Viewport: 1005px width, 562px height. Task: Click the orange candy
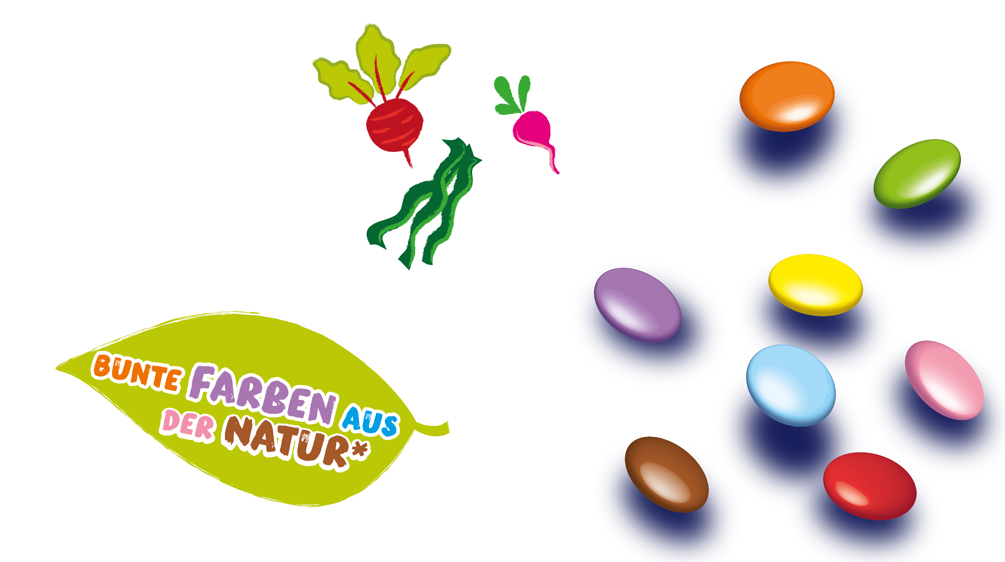[787, 96]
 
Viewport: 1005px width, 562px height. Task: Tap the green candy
[917, 174]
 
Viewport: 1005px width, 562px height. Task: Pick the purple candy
[638, 305]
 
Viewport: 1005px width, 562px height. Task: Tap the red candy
[869, 486]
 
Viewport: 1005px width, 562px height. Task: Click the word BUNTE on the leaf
[137, 372]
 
